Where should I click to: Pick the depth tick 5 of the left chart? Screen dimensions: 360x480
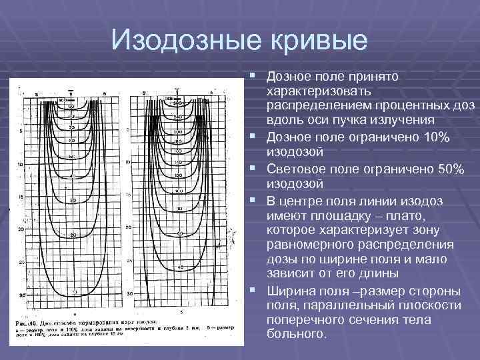(22, 131)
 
